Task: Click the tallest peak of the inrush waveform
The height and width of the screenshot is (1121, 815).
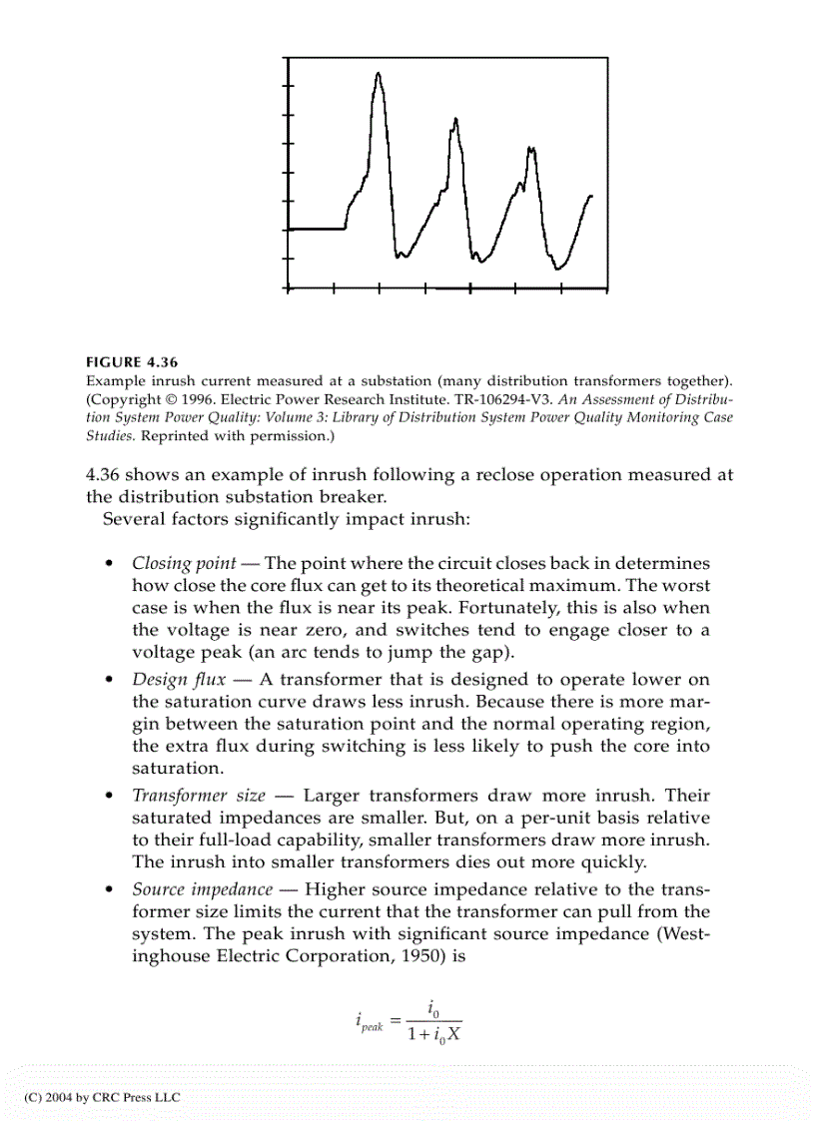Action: tap(378, 75)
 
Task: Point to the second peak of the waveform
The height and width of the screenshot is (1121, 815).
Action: tap(455, 121)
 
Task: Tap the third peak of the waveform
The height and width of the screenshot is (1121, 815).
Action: tap(531, 150)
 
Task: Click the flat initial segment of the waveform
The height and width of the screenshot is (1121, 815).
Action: tap(316, 229)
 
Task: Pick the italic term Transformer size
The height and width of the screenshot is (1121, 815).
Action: tap(199, 796)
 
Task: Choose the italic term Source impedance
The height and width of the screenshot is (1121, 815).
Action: tap(202, 888)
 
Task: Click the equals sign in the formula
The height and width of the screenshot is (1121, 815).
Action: tap(395, 1020)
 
